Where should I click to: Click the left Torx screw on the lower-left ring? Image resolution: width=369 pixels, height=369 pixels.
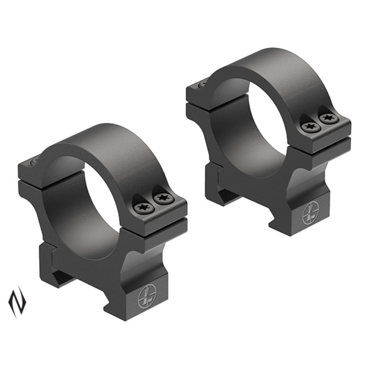pos(144,208)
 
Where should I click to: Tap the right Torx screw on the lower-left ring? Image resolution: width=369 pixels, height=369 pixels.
pos(161,199)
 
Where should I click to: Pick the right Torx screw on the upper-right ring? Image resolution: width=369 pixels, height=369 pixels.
pos(328,118)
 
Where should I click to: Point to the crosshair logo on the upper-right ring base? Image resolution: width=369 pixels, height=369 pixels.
pos(310,215)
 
